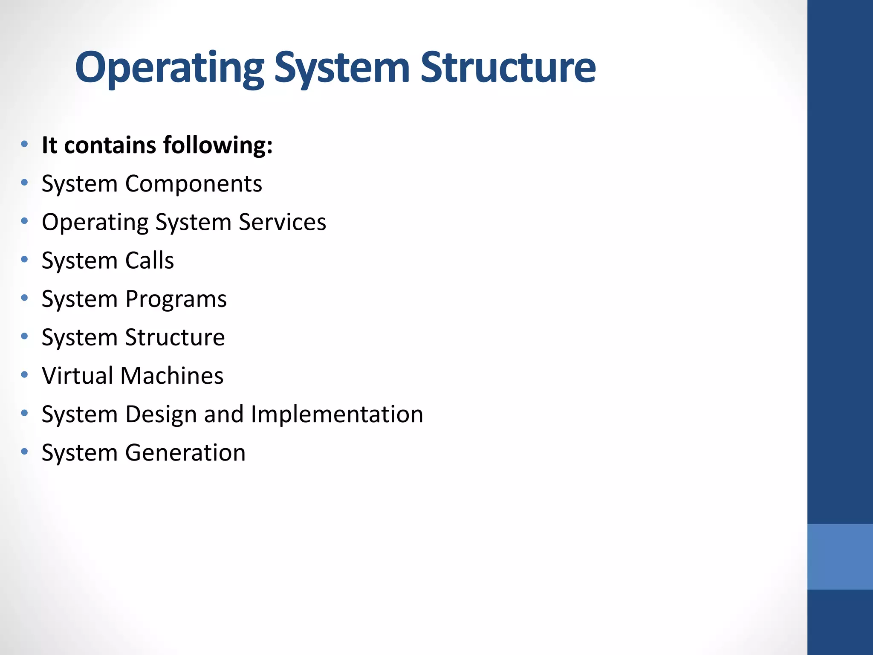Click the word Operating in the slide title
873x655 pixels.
point(170,68)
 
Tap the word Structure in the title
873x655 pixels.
point(508,68)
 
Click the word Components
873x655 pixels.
point(194,184)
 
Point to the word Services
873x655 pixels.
point(282,222)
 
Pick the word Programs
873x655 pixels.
point(176,299)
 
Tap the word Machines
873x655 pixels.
point(172,376)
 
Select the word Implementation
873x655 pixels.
point(337,414)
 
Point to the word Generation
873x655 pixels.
point(185,453)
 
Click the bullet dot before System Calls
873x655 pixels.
point(25,259)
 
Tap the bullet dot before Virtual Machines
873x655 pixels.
point(25,375)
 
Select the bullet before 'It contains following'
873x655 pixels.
point(25,144)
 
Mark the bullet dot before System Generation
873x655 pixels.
point(25,452)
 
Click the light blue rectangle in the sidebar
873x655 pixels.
point(840,556)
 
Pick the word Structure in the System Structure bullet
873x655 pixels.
point(175,338)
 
